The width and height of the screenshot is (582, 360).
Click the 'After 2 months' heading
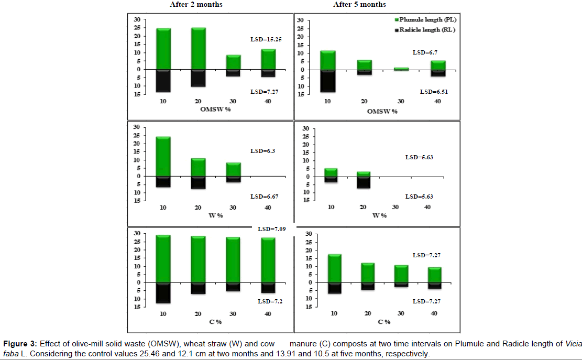[x=196, y=5]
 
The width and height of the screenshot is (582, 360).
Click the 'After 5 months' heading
[x=359, y=5]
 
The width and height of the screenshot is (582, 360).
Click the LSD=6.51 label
[x=432, y=92]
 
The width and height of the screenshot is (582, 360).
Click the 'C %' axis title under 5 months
[x=384, y=321]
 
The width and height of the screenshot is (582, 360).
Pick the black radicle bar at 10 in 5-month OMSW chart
[x=328, y=81]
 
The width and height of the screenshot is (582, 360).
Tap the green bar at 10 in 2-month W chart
[x=163, y=156]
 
